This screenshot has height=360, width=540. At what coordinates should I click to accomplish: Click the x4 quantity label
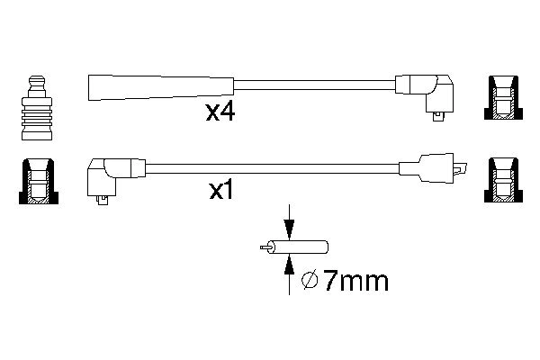pyautogui.click(x=220, y=113)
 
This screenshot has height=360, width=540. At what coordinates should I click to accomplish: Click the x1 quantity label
pyautogui.click(x=222, y=192)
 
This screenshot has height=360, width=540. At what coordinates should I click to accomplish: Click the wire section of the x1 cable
pyautogui.click(x=270, y=166)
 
